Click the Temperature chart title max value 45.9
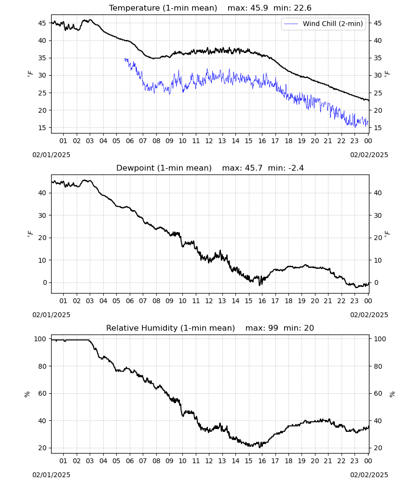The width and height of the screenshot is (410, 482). [260, 8]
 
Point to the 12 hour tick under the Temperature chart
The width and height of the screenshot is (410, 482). [209, 141]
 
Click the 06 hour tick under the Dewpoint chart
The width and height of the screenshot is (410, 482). [130, 301]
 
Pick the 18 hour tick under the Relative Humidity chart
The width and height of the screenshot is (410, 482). [288, 461]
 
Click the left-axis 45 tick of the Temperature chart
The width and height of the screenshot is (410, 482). [42, 23]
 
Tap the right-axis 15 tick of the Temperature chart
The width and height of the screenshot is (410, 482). [378, 128]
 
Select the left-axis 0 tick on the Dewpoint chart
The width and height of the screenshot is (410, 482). [45, 282]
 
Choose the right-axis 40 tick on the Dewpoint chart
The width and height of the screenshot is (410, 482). [378, 193]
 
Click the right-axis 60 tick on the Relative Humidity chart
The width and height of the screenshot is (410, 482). [378, 393]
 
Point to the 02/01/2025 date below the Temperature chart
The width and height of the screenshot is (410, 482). [51, 155]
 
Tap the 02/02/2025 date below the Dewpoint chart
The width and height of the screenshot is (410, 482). [369, 315]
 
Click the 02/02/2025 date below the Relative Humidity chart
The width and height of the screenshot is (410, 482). [369, 475]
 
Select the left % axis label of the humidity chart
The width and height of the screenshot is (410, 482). [27, 394]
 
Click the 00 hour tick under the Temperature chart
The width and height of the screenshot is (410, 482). [368, 141]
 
